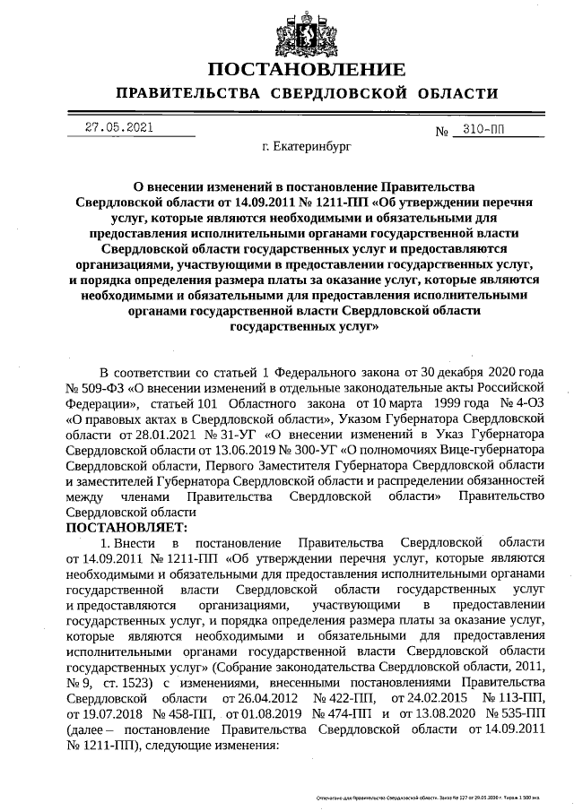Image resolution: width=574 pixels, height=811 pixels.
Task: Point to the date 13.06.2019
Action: click(x=238, y=449)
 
